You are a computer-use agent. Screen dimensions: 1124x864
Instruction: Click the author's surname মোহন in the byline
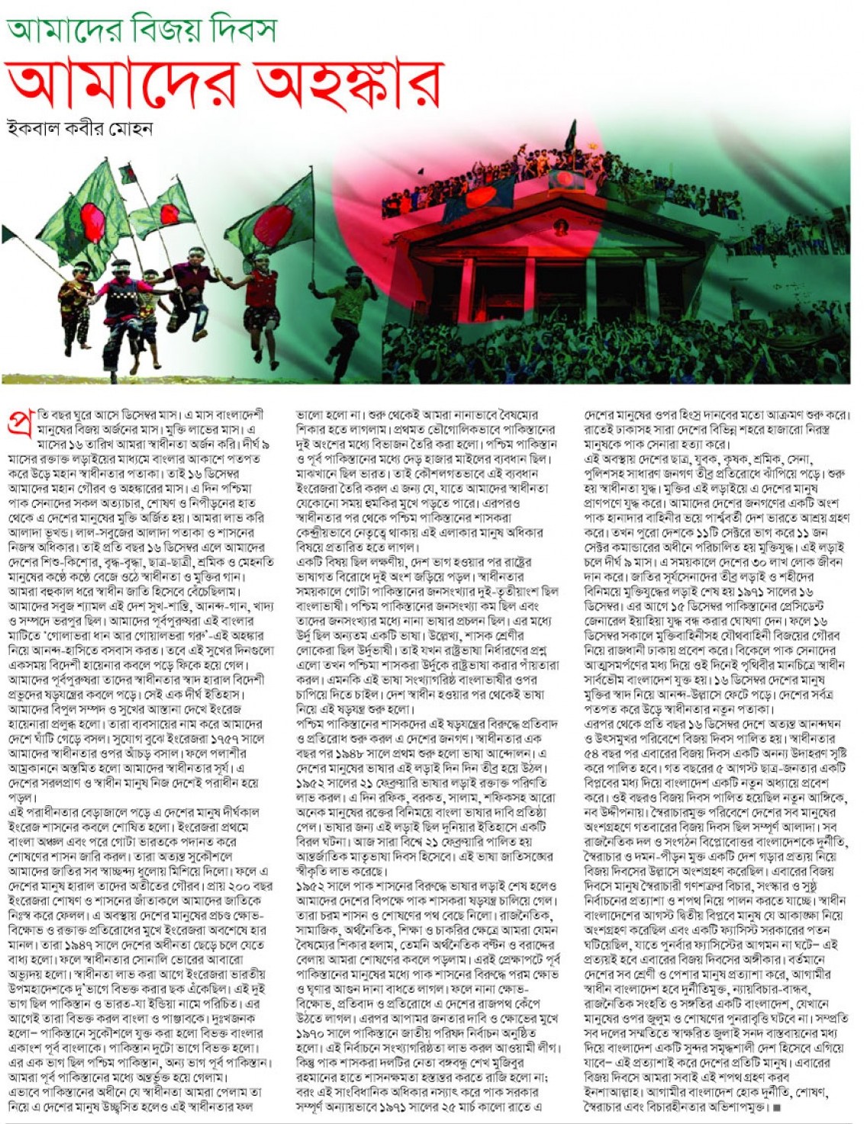[x=133, y=127]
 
